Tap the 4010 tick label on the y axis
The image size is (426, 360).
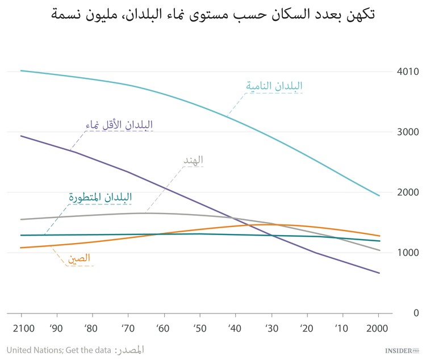[x=408, y=72]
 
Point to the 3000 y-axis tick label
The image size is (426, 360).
[x=408, y=132]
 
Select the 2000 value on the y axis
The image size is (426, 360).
[x=408, y=192]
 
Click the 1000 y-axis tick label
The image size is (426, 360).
[x=408, y=253]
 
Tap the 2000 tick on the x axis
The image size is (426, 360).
[x=378, y=328]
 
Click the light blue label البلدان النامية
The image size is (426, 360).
[x=274, y=86]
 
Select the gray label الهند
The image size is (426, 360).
[x=193, y=160]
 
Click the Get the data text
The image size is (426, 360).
[x=89, y=350]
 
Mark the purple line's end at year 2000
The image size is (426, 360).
[x=379, y=273]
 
